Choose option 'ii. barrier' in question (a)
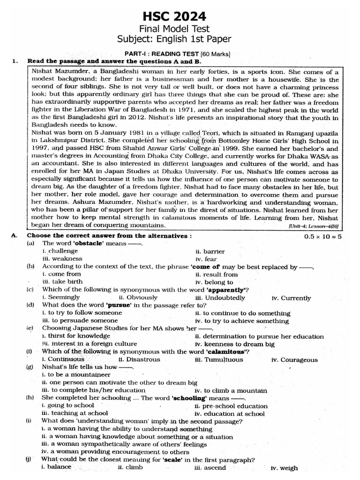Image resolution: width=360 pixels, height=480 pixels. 210,251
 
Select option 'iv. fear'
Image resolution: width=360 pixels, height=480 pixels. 206,259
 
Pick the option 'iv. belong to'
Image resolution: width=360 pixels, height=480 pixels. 214,282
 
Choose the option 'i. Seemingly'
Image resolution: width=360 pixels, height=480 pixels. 60,298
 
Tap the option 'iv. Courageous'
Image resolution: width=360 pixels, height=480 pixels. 294,360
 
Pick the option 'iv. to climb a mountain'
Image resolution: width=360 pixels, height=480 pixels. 231,390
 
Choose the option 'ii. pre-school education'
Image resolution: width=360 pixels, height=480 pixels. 238,406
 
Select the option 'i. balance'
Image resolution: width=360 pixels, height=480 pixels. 56,467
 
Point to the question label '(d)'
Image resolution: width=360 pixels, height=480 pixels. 30,305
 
